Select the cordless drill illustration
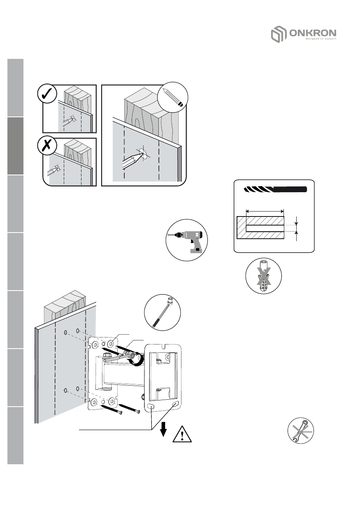pyautogui.click(x=187, y=240)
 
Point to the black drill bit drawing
pyautogui.click(x=275, y=190)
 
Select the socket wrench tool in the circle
pyautogui.click(x=162, y=312)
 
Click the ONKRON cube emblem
pyautogui.click(x=277, y=34)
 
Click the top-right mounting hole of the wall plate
pyautogui.click(x=111, y=342)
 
